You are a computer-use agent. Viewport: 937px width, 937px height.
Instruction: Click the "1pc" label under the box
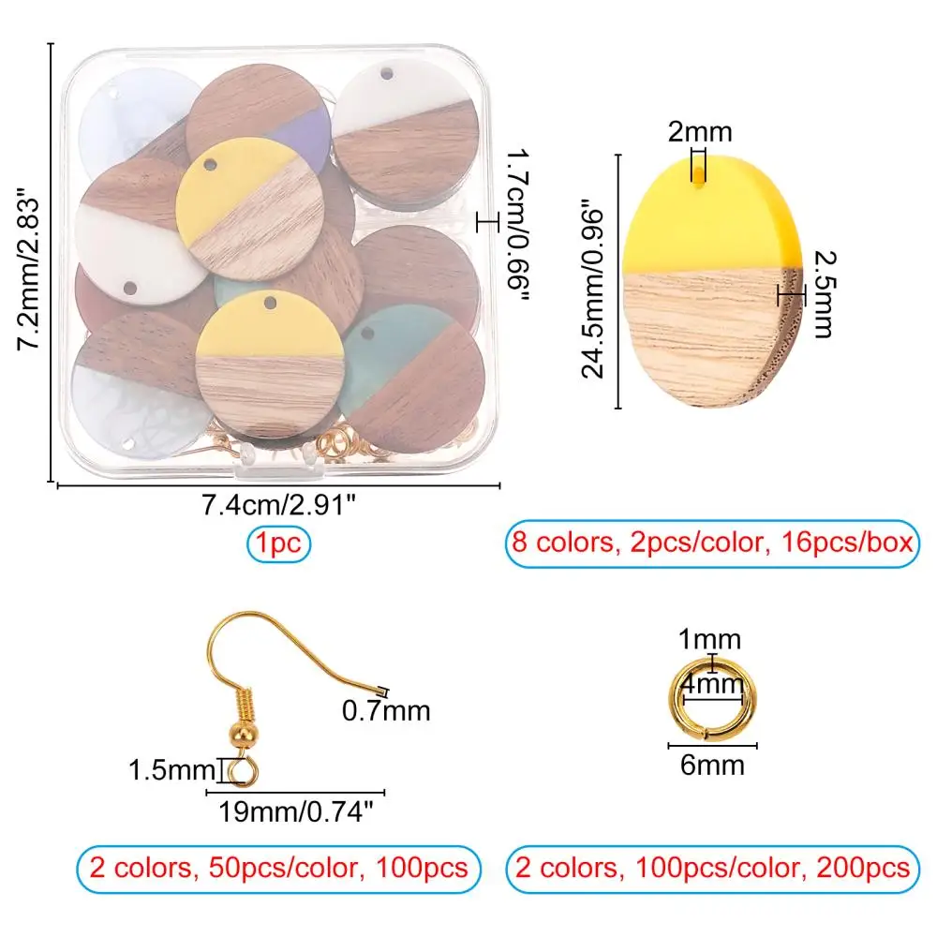coord(279,544)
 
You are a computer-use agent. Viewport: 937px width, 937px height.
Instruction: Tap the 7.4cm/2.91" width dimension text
coord(278,507)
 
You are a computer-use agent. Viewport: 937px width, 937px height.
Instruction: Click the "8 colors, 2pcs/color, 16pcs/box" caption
coord(712,544)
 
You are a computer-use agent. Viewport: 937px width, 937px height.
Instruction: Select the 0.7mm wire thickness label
coord(386,711)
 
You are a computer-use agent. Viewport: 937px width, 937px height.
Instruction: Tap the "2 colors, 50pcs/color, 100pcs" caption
coord(278,867)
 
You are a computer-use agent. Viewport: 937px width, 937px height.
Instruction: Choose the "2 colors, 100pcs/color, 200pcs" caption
coord(712,867)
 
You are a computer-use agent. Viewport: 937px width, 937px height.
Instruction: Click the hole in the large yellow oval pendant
coord(700,185)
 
